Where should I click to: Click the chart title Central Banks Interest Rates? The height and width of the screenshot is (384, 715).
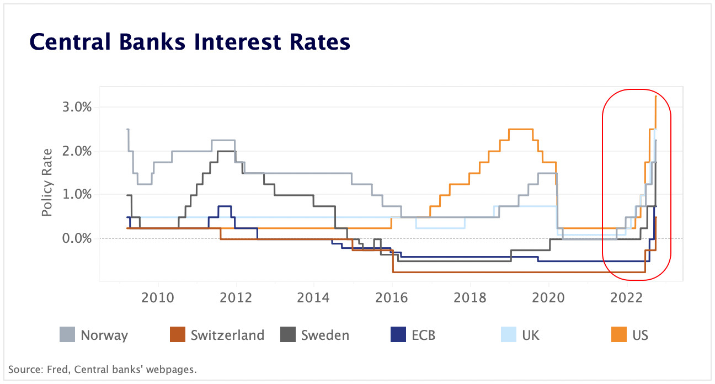click(189, 42)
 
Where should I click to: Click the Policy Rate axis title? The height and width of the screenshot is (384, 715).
click(48, 182)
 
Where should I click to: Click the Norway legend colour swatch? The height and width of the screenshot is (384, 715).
click(67, 334)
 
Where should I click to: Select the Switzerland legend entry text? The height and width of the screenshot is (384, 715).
click(227, 335)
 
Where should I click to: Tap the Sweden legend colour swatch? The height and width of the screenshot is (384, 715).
click(287, 334)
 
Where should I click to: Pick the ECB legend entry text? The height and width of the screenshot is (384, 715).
click(423, 335)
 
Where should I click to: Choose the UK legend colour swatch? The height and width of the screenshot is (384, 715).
click(508, 334)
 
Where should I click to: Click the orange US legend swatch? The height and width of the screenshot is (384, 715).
click(619, 334)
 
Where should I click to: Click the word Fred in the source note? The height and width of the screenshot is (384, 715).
click(51, 370)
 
